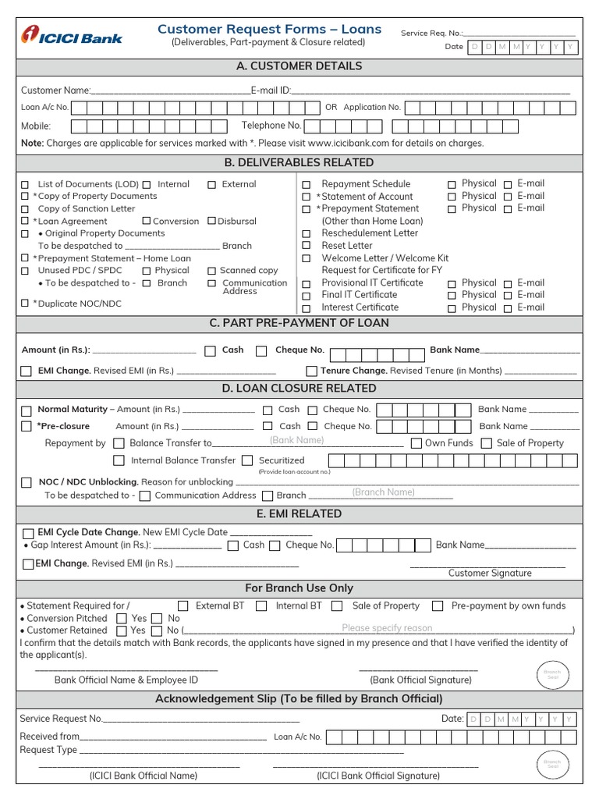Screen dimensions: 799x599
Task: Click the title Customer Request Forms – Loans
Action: point(269,29)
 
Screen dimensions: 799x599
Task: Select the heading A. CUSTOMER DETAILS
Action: point(299,66)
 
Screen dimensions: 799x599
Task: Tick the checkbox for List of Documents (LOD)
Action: point(26,185)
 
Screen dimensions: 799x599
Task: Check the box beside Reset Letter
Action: point(307,246)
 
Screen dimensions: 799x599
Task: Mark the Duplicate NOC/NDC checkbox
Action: point(26,303)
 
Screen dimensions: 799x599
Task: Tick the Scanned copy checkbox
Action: point(211,271)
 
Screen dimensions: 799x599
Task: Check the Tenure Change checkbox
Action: point(312,371)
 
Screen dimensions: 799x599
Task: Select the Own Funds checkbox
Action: point(416,443)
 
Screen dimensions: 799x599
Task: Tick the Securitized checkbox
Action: point(247,460)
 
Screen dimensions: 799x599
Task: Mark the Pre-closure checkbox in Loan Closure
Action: point(27,427)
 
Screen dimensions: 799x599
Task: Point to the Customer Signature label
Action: point(490,573)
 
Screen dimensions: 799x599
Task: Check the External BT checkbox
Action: point(183,605)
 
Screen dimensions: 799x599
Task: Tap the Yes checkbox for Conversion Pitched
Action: point(122,618)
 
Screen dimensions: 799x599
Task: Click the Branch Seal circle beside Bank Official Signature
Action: point(551,673)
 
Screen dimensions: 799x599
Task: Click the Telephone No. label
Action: point(271,125)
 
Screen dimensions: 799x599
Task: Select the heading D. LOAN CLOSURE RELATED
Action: point(299,388)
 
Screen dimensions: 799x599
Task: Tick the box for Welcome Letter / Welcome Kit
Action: point(307,258)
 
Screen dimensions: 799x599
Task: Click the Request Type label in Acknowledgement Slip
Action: point(48,750)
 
